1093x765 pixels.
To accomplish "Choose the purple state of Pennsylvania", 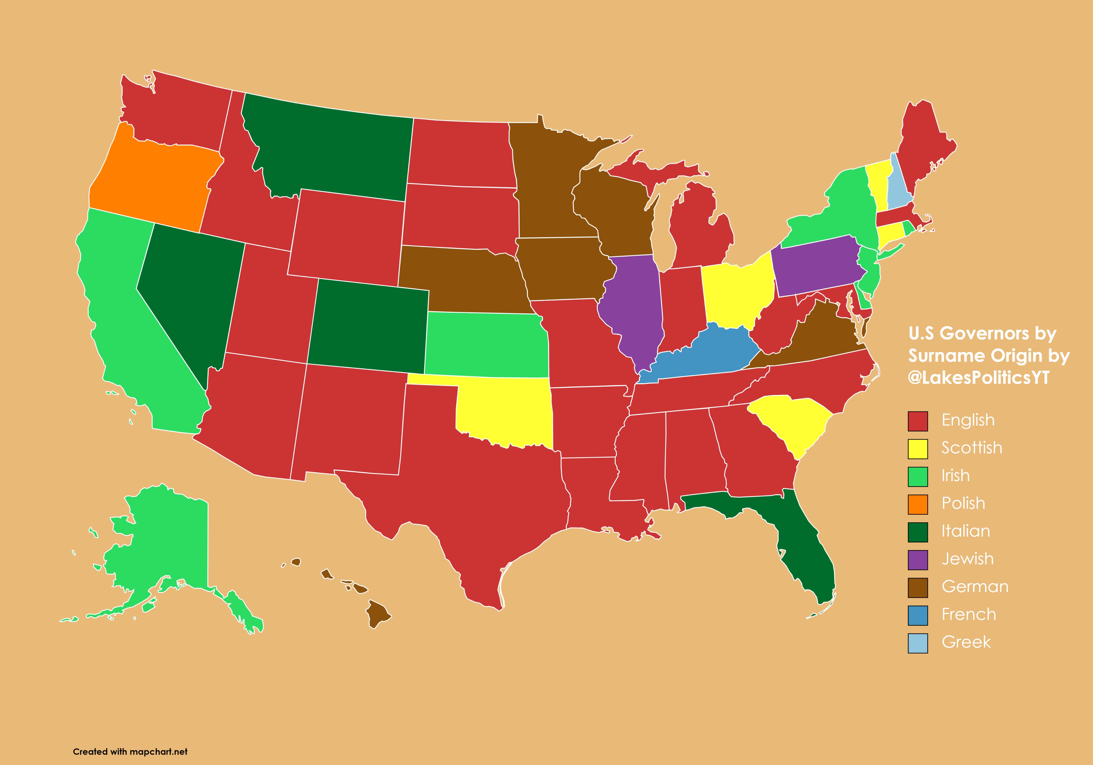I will [x=817, y=267].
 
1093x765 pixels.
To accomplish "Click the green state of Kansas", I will [x=486, y=343].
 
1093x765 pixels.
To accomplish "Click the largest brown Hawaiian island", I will [x=378, y=614].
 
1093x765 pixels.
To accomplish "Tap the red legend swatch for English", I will [x=917, y=421].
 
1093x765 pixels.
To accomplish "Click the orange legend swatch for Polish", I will [x=917, y=504].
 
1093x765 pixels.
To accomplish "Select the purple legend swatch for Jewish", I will [x=917, y=559].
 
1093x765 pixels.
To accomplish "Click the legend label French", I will [x=968, y=615].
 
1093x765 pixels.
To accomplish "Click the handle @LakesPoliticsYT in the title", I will [x=978, y=378].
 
